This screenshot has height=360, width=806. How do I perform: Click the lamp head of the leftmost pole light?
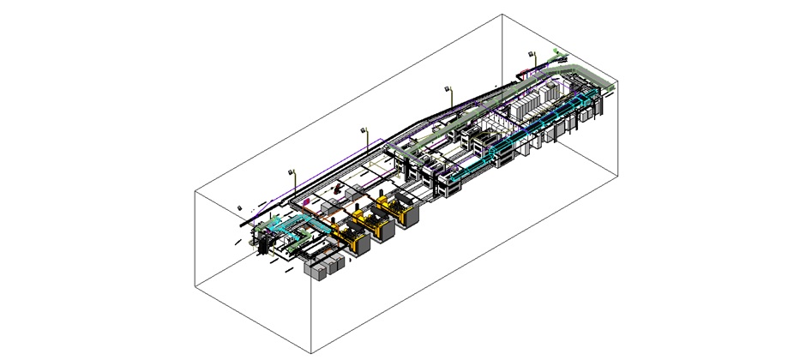(x=292, y=171)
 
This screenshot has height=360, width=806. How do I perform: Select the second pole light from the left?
(x=364, y=130)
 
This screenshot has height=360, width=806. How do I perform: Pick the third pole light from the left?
(x=448, y=88)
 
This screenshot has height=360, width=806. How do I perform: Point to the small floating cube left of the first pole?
(x=241, y=207)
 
